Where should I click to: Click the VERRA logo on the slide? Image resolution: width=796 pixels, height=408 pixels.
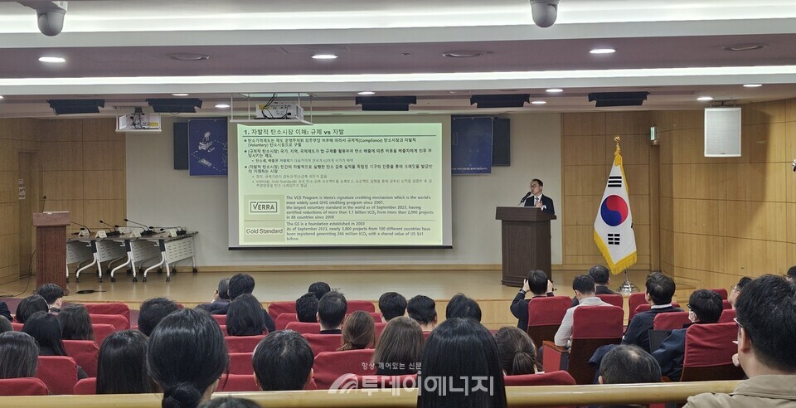264,206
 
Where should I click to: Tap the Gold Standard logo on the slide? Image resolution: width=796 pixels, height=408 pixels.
264,231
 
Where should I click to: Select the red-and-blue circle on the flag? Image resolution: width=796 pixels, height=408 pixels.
614,211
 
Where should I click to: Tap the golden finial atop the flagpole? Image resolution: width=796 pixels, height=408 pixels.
617,142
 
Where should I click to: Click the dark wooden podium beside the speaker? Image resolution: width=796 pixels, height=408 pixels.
524,244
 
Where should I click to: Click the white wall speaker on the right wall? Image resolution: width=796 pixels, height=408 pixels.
722,132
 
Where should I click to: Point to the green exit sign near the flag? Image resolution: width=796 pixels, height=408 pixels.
653,134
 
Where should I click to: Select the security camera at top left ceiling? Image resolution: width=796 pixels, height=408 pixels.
51,18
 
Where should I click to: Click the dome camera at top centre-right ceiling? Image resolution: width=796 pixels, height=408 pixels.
544,12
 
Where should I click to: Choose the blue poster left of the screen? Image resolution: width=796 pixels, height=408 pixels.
207,147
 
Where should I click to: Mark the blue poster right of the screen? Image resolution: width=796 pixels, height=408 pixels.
471,144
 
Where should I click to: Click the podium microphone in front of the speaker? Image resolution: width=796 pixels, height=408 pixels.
524,197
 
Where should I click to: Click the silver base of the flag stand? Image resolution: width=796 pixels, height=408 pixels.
628,287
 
